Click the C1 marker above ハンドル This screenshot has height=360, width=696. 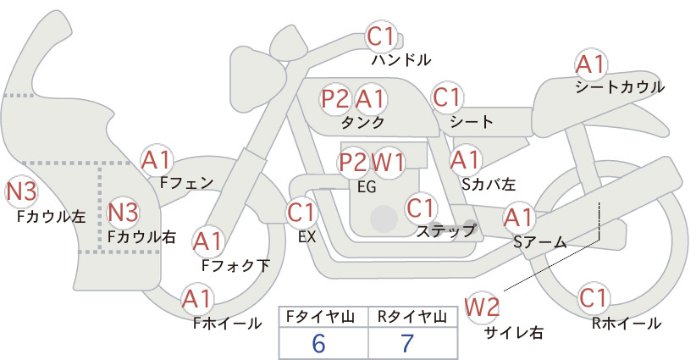pos(381,36)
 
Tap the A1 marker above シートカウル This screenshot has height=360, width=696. pos(591,65)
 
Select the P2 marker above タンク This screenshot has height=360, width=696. pos(335,98)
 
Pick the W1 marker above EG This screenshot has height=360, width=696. pos(388,163)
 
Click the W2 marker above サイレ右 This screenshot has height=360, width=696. pos(482,307)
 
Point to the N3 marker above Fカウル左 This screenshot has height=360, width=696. pos(20,191)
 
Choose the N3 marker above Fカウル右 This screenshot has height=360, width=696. pos(123,212)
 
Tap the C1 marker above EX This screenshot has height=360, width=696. pos(301,212)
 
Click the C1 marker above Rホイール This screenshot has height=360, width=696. pos(594,298)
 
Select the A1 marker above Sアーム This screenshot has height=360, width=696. pos(518,218)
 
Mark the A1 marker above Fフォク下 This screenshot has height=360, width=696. pos(207,242)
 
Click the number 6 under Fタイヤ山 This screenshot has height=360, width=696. pos(318,343)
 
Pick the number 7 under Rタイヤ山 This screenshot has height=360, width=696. pos(407,343)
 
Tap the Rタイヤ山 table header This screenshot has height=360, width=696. pos(412,317)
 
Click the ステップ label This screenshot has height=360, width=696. pos(445,231)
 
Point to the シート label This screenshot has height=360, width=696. pos(472,122)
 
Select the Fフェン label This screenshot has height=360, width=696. pos(186,183)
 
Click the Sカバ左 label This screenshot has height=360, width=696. pos(489,184)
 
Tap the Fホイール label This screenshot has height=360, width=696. pos(228,324)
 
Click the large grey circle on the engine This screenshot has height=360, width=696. pos(384,219)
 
